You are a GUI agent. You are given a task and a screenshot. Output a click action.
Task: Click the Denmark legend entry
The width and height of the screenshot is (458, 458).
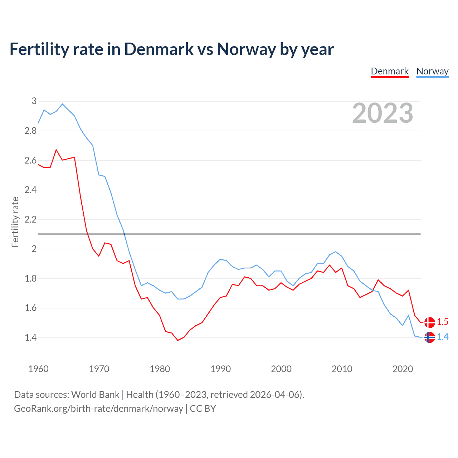coord(389,71)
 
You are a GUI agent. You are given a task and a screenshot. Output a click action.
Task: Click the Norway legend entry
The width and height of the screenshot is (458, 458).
coord(432,71)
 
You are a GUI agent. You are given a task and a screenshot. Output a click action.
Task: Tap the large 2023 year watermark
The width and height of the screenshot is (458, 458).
coord(383,113)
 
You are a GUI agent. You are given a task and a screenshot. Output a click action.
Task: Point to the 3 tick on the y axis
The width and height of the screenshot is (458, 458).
coord(34,101)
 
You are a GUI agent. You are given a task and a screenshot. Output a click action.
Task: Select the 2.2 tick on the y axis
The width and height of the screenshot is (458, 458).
coord(31,219)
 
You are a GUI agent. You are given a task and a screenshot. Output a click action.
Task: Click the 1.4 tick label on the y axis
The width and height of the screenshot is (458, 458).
coord(31,337)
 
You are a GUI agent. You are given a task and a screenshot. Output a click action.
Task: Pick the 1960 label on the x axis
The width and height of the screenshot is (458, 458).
coord(38,369)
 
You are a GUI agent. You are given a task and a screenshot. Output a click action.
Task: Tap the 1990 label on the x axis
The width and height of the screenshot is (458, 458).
coord(220,369)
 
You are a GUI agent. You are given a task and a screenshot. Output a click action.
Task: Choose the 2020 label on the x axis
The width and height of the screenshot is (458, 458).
coord(403,369)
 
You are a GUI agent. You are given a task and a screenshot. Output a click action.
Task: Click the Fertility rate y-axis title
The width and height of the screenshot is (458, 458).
coord(15,222)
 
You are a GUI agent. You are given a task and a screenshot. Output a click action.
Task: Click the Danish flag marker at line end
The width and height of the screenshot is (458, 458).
coord(429,322)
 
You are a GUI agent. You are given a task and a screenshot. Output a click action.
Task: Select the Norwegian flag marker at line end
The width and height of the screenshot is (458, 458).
coord(429,337)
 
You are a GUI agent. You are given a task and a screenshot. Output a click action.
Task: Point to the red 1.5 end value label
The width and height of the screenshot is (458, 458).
coord(443,322)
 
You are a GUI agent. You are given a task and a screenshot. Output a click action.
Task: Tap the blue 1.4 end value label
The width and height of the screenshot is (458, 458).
coord(443,337)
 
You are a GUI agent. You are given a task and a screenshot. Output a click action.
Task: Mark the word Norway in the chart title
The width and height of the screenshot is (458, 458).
coord(246,49)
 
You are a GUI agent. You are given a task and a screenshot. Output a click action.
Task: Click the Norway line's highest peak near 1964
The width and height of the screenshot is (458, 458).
coord(63,104)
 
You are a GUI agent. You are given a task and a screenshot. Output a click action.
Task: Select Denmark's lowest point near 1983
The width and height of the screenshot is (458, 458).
coord(178,340)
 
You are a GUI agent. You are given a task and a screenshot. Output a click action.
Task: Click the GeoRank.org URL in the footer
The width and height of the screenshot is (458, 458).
coord(98,409)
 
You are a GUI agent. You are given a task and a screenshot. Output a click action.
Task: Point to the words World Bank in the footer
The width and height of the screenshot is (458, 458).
coord(95,395)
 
